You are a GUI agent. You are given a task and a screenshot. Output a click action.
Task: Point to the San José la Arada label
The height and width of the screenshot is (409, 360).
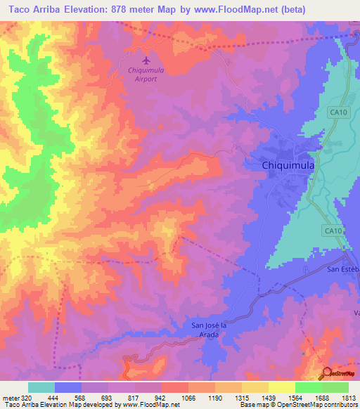(x=216, y=330)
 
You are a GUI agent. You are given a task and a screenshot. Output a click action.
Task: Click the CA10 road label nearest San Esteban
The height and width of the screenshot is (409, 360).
(x=333, y=230)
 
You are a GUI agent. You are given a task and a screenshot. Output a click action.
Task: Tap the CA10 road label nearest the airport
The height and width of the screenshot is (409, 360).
(x=340, y=111)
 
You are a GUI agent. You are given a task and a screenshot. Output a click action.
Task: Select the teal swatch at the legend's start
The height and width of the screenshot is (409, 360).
(x=41, y=387)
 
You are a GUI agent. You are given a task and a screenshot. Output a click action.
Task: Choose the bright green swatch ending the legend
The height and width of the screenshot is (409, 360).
(x=335, y=387)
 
